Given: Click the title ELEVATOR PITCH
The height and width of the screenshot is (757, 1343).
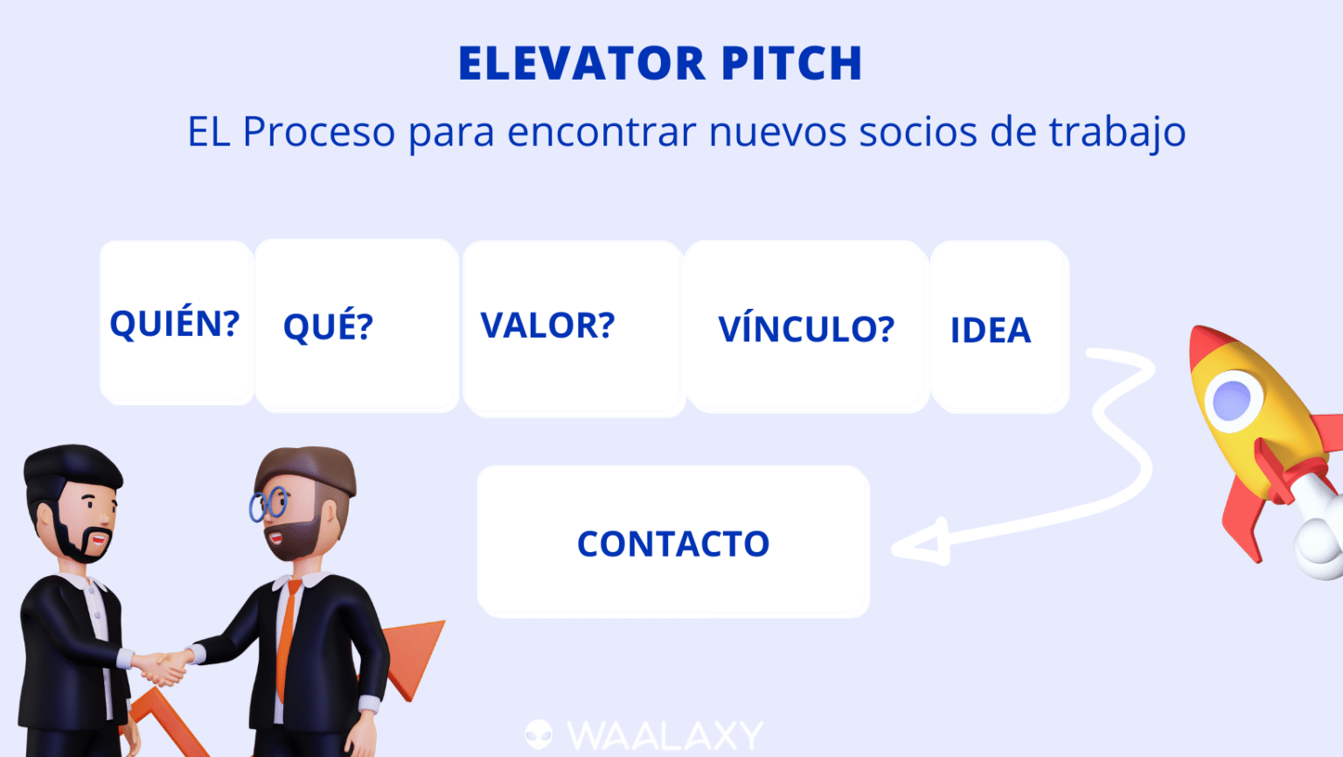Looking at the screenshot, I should coord(660,64).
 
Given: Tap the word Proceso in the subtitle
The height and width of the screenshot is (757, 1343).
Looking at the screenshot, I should coord(318,133).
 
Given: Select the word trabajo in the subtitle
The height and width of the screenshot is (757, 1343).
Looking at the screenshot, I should coord(1117,133).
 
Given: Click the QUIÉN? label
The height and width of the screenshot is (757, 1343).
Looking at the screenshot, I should coord(174,324).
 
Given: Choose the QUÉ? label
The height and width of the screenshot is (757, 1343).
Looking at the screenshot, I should coord(328,327).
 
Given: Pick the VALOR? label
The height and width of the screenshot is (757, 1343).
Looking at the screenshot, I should coord(547,326).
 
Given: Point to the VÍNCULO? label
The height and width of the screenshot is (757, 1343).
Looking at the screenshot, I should coord(805,330).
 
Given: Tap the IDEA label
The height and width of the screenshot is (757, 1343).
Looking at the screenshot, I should coord(991,331).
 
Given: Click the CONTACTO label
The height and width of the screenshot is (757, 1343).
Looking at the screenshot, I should coord(673,544).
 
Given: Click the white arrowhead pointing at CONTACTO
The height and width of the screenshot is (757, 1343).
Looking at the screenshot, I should coord(922,544).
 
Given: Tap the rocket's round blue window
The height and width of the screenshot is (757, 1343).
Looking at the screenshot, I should coord(1233,400).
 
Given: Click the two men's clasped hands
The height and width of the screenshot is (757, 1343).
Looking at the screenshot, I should coord(164,667).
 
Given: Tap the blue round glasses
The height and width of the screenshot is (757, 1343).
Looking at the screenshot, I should coord(268,504).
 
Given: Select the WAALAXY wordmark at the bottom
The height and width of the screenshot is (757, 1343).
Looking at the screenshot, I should coord(665,736).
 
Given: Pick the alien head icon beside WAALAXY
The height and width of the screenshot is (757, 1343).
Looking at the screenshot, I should coord(539,734).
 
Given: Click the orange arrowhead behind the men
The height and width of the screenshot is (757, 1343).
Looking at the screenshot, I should coord(411,652).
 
